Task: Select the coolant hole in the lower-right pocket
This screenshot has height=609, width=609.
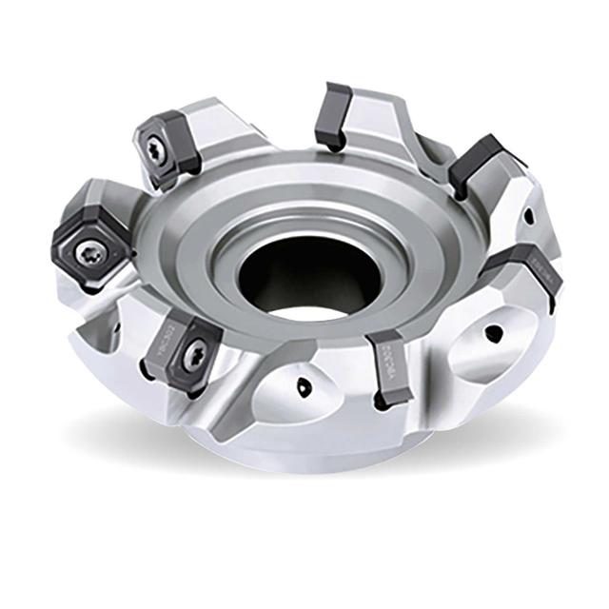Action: coord(492,334)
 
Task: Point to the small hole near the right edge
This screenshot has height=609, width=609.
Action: coord(527,216)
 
